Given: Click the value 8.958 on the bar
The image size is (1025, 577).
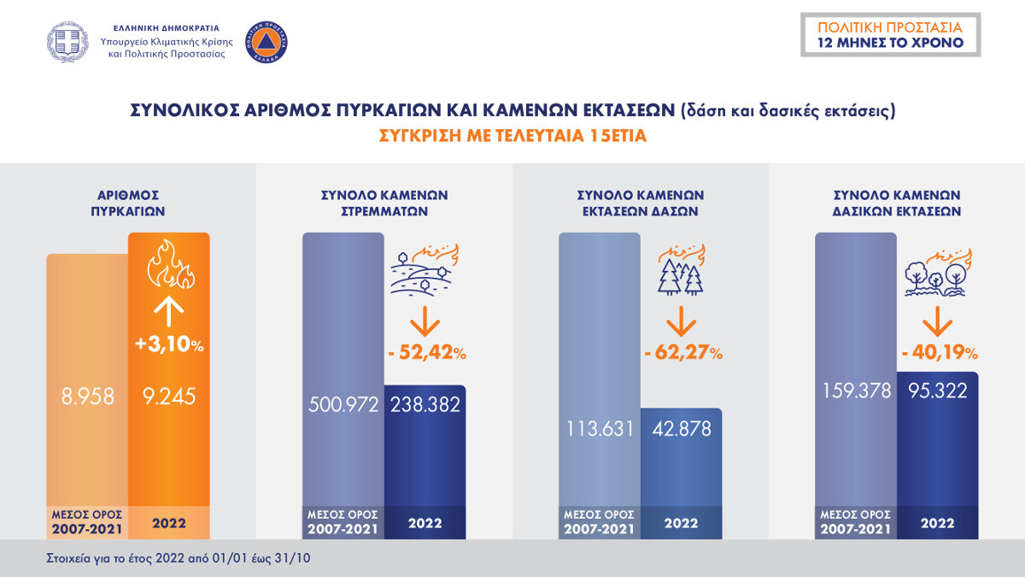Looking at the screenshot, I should [x=86, y=396].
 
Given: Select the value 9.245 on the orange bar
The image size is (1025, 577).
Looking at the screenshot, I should [x=168, y=396].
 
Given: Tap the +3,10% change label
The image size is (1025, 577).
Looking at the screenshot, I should [x=168, y=345].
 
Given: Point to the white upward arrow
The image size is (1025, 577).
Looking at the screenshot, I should [x=168, y=310].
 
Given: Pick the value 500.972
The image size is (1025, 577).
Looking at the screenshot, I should [x=343, y=404].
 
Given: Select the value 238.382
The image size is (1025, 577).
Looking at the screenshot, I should [x=425, y=404].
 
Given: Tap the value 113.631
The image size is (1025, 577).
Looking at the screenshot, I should [x=599, y=428].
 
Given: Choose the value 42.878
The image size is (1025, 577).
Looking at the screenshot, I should [x=681, y=428].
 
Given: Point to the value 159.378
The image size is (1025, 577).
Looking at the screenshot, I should [x=855, y=391].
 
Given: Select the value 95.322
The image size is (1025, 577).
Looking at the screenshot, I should [x=937, y=391].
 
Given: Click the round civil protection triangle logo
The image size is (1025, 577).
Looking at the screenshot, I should [x=266, y=40].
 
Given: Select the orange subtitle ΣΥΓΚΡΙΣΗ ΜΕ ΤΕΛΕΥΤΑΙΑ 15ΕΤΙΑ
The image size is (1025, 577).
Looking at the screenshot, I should [x=512, y=136].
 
